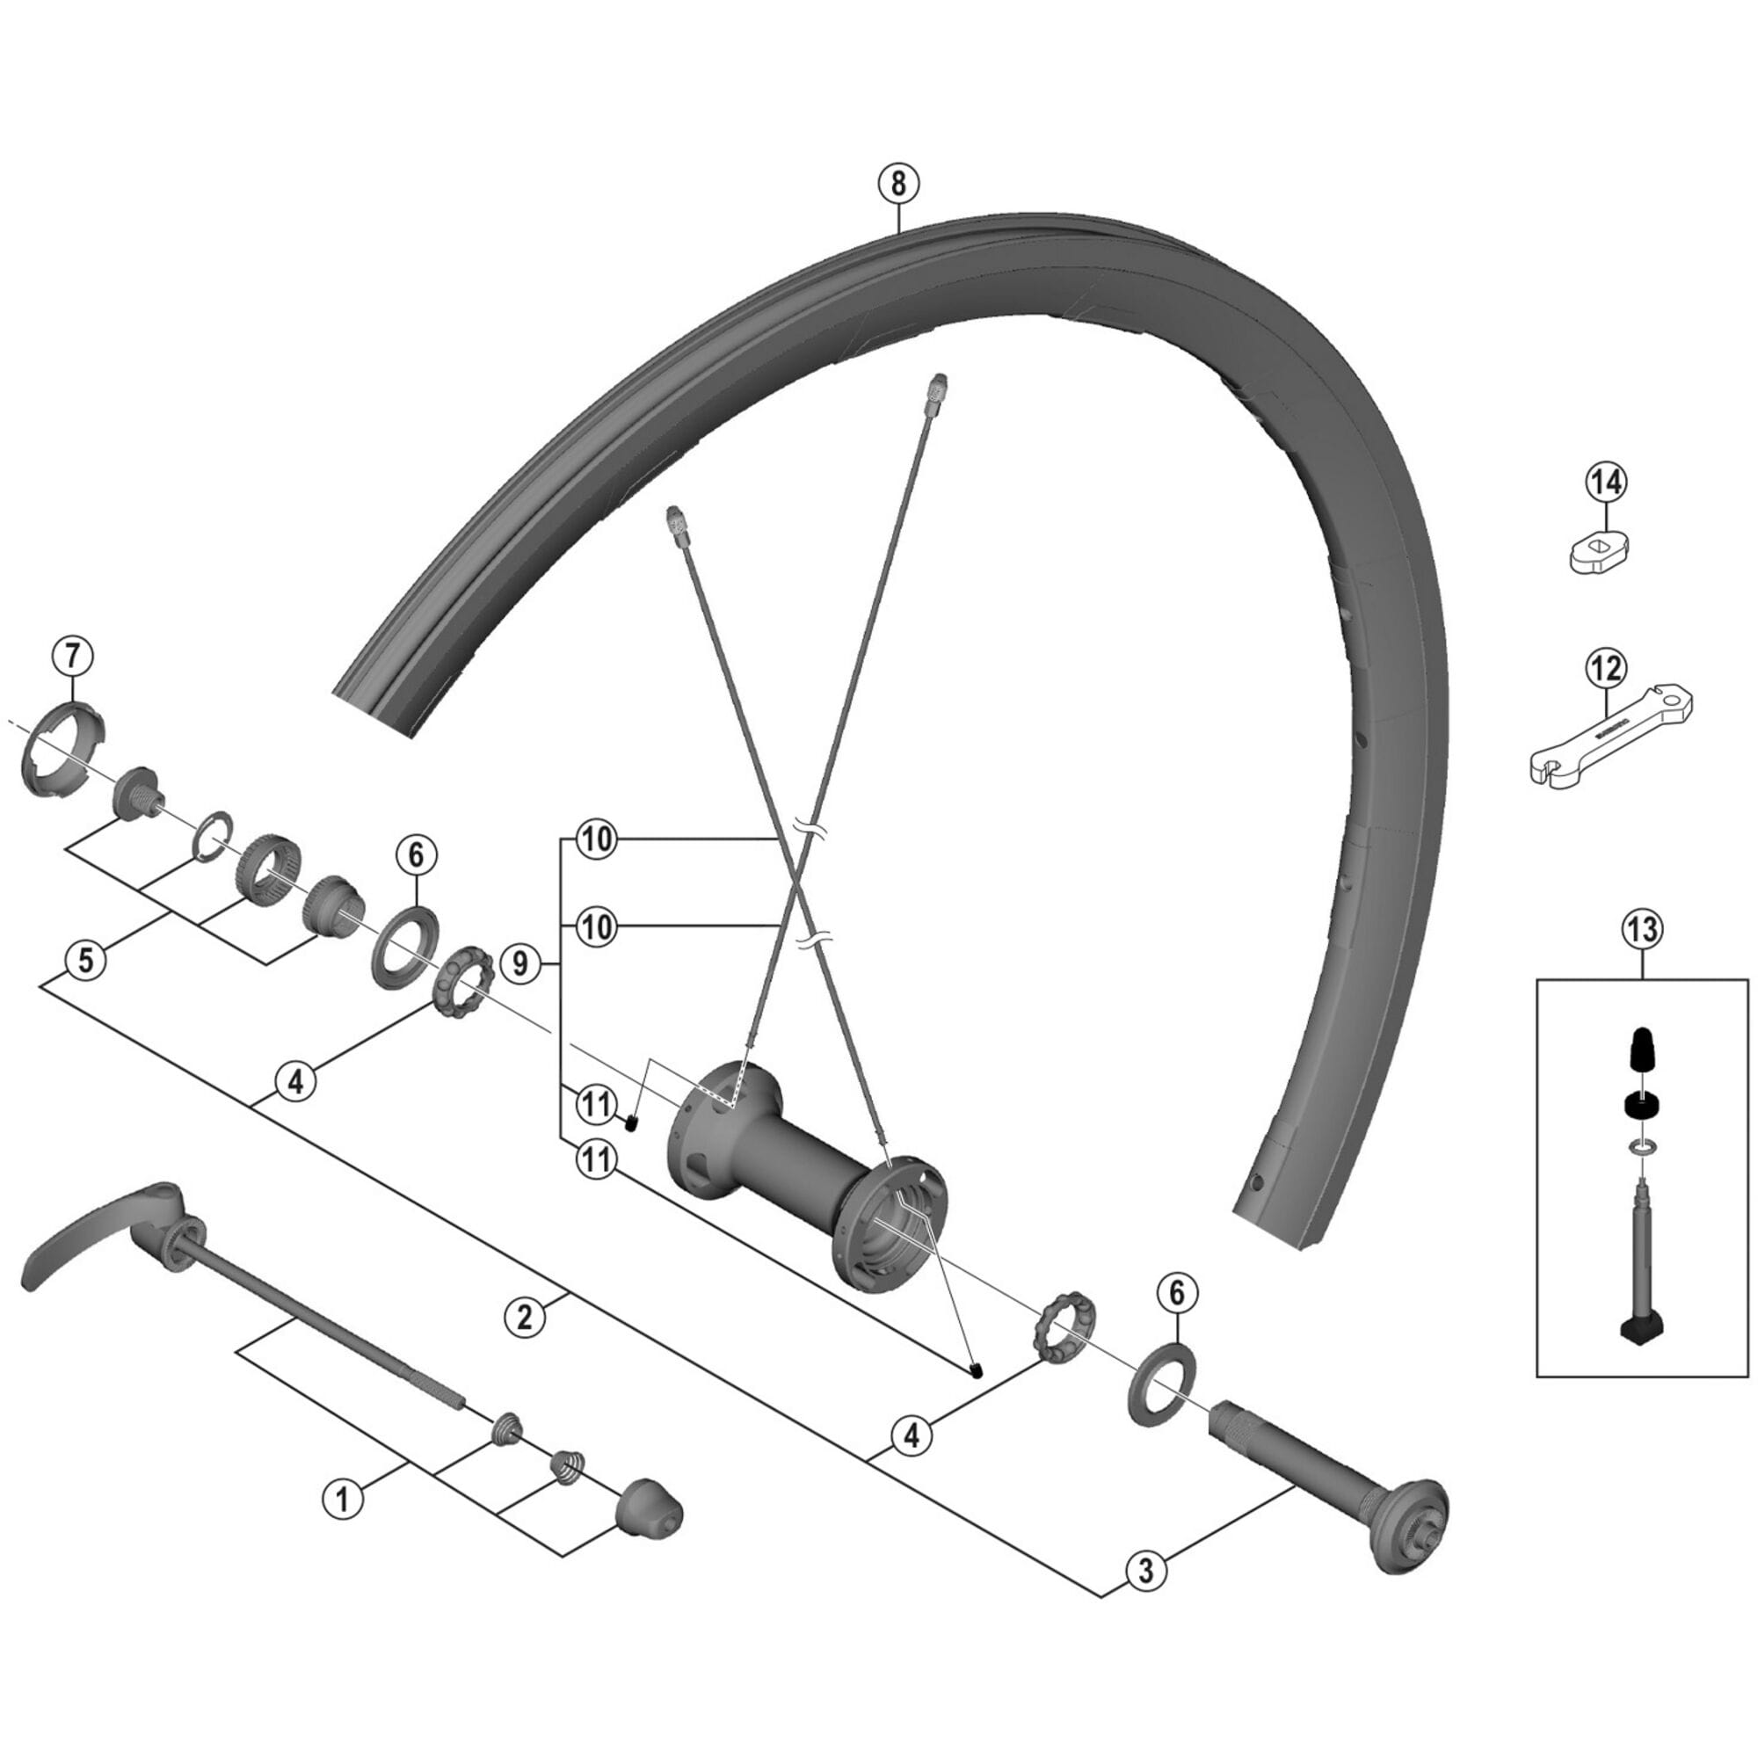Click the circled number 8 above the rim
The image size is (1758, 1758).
(x=898, y=184)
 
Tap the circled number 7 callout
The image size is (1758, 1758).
(x=73, y=655)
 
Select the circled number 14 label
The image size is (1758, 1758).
(x=1606, y=483)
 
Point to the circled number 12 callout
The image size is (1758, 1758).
(x=1606, y=669)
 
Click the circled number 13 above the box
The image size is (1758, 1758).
(x=1644, y=929)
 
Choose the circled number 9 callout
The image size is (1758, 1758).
(x=520, y=963)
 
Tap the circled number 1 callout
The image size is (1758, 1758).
(x=343, y=1497)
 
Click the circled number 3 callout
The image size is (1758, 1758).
(x=1145, y=1570)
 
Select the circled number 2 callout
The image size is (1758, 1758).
(x=525, y=1317)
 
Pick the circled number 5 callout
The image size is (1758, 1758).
(x=85, y=961)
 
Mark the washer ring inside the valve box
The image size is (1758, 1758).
(x=1644, y=1145)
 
